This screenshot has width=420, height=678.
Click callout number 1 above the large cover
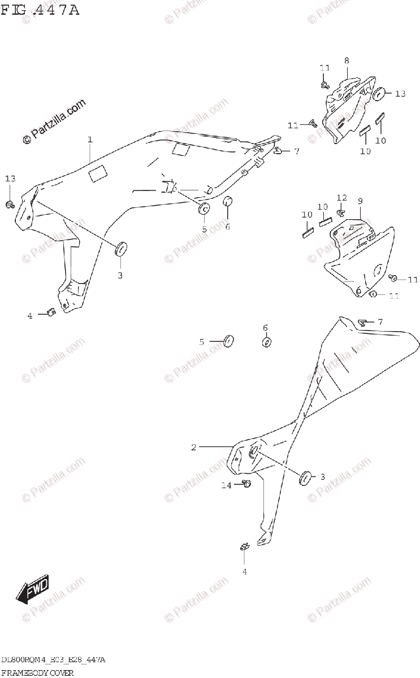coord(89,139)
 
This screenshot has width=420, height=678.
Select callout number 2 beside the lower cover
coord(194,447)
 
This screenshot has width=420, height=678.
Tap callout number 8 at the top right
coord(347,60)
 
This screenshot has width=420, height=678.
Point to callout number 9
coord(360,201)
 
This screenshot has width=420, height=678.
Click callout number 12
coord(341,197)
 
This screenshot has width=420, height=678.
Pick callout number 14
coord(227,485)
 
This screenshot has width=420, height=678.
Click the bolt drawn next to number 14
coord(246,483)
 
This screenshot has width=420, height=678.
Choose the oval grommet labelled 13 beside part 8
coord(379,94)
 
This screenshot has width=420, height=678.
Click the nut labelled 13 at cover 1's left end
coord(10,204)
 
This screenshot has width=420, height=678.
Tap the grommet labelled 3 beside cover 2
coord(305,477)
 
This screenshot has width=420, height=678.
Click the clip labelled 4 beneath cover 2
coord(245,546)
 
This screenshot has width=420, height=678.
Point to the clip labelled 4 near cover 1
coord(50,312)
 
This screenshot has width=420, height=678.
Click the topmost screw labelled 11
coord(325,85)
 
